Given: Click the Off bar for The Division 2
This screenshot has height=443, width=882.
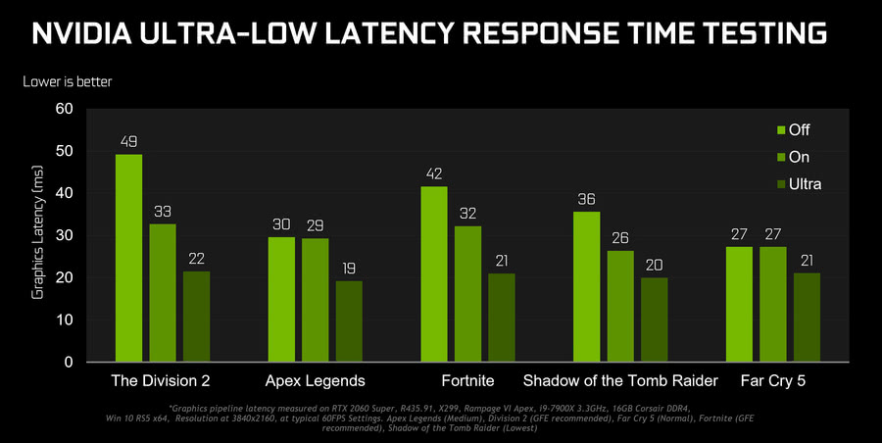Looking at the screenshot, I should tap(128, 258).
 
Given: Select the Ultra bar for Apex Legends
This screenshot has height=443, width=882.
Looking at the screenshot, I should tap(349, 321).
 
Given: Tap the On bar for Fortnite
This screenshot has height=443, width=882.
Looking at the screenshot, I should tap(467, 294).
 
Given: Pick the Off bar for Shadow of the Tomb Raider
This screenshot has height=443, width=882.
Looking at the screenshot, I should tap(586, 286).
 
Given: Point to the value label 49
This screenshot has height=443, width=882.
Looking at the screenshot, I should tap(128, 142).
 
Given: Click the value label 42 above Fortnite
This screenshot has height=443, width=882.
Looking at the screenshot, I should tap(434, 174).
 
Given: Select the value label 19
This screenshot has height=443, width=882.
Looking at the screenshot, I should tap(349, 269).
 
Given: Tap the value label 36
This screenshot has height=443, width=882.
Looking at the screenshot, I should tap(586, 199).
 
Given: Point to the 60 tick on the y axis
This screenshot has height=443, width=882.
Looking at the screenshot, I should tap(64, 109).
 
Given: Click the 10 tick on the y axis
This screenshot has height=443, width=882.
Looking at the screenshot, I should tap(64, 320).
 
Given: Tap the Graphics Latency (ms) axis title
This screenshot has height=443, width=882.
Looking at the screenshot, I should tap(39, 234).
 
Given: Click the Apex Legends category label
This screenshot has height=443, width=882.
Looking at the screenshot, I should tap(316, 380).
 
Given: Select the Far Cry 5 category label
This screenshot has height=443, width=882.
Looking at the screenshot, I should tap(773, 380).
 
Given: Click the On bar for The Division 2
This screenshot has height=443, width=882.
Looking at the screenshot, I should tap(163, 292).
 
